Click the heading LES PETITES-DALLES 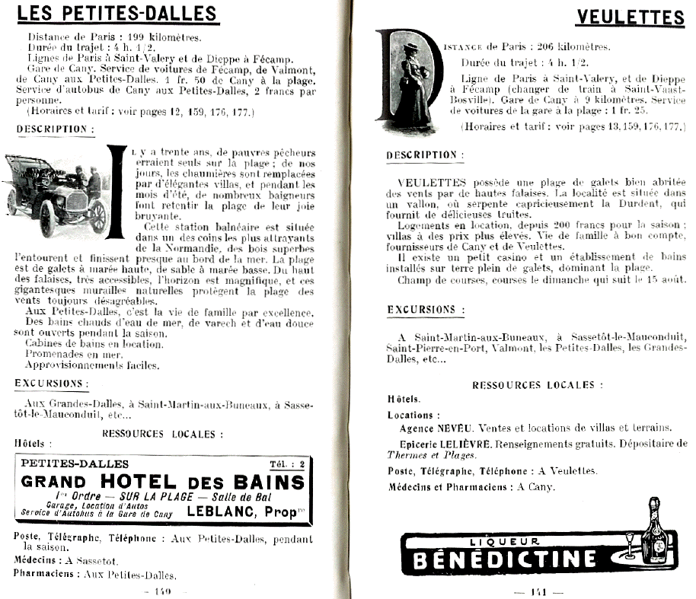pos(117,14)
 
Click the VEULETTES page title pos(631,17)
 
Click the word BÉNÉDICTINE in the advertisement pos(503,560)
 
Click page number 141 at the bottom pos(538,591)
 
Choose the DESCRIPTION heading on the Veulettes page pos(425,155)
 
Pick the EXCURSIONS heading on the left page pos(51,384)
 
